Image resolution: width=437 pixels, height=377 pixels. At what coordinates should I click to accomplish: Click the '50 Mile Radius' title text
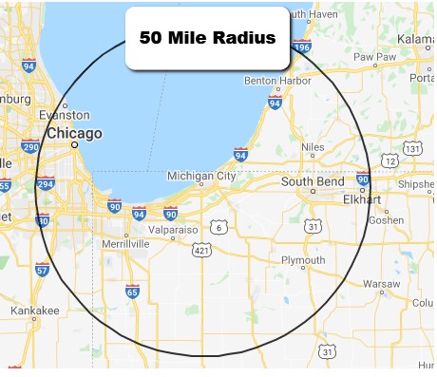click(x=207, y=39)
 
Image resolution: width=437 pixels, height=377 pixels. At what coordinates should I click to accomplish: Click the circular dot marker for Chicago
click(x=75, y=147)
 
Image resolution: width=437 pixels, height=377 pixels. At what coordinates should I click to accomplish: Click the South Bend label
click(x=312, y=180)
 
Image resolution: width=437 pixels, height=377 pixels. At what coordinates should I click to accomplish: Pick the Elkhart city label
click(x=364, y=200)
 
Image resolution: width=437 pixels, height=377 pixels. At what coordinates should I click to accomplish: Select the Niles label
click(x=313, y=146)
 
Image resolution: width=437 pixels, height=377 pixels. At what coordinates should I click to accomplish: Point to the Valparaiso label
click(x=171, y=230)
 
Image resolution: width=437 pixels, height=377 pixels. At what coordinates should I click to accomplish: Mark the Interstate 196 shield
click(x=302, y=45)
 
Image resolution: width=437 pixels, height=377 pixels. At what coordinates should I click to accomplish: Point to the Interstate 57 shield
click(x=42, y=271)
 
